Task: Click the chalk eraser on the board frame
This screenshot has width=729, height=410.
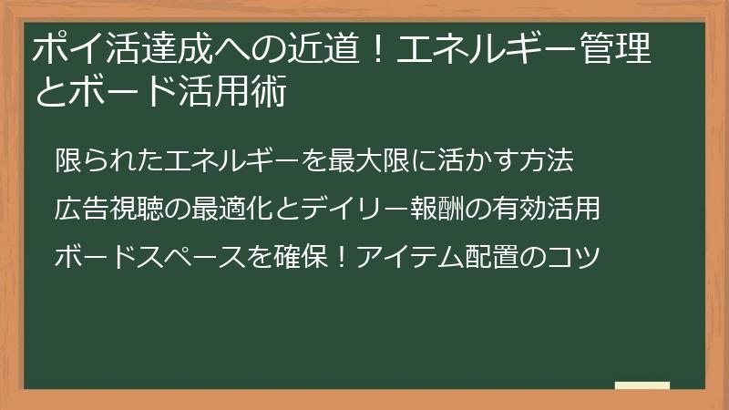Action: [642, 385]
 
